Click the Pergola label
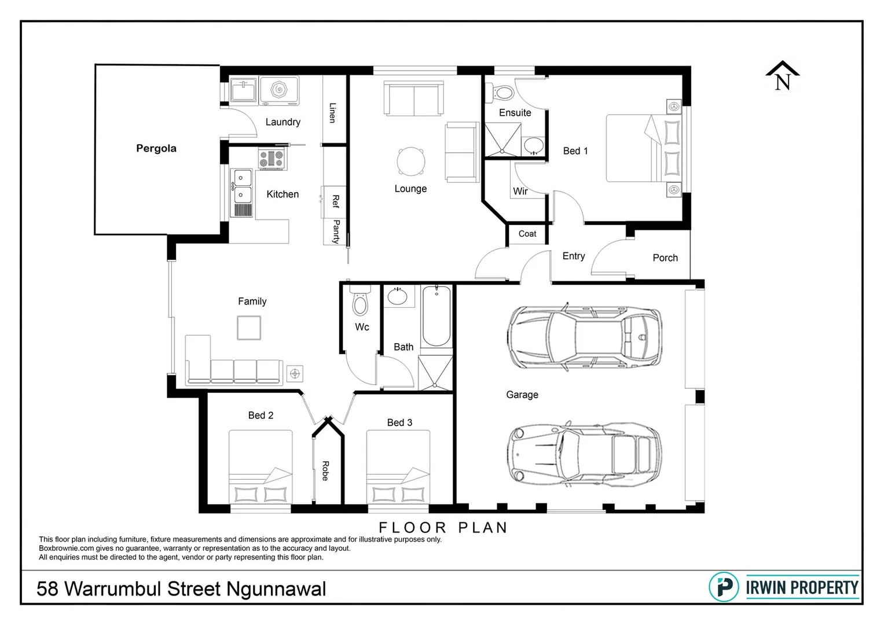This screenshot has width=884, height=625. [x=156, y=148]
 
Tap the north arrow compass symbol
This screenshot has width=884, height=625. [x=782, y=77]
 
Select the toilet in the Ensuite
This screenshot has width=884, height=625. [x=501, y=93]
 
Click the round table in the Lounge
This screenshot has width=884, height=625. [x=411, y=161]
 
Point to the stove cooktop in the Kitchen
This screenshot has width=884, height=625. [x=272, y=158]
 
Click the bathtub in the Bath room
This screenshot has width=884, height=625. [x=436, y=316]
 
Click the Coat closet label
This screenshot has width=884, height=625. [x=527, y=234]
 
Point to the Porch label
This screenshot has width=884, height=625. [x=665, y=258]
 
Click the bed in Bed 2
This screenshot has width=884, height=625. [x=261, y=466]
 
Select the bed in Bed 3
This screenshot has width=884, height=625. [x=398, y=466]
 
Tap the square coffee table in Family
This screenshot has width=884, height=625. [x=249, y=328]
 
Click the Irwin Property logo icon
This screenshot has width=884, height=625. [x=724, y=587]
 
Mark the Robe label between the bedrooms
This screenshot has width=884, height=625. [x=325, y=471]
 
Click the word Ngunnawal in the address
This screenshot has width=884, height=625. [x=276, y=589]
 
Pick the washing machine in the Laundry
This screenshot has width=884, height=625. [x=279, y=90]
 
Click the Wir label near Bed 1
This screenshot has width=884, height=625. [x=520, y=192]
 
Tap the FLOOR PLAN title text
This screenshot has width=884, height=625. [x=443, y=528]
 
